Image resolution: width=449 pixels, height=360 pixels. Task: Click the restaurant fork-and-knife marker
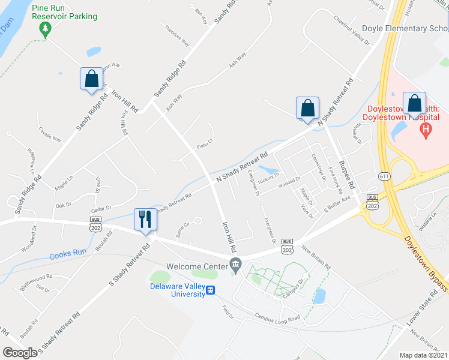pos(144,219)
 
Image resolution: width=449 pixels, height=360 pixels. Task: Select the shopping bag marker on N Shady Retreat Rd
pos(307,109)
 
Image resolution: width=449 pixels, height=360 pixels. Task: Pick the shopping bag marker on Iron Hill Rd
pos(91,79)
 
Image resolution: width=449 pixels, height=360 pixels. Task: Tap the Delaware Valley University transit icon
pos(210,290)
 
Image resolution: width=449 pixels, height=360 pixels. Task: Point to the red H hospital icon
pos(426,130)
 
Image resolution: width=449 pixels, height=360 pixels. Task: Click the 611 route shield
pos(384,176)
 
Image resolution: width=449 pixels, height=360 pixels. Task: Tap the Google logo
pos(20,353)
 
